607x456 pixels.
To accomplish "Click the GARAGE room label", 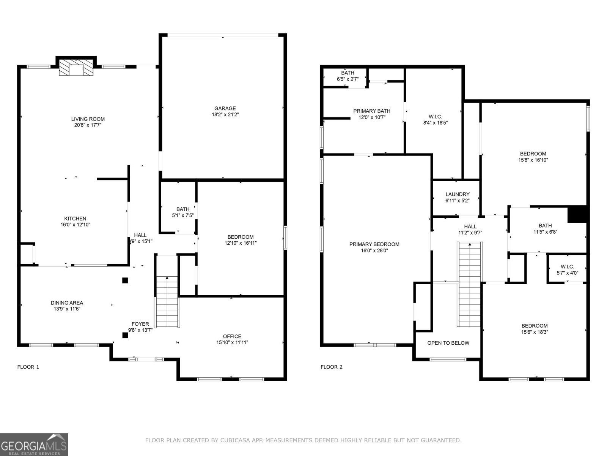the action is (225, 108).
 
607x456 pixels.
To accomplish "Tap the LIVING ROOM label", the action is (88, 119).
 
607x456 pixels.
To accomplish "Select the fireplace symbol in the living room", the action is (76, 67).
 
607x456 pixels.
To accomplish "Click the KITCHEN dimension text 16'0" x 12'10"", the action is (75, 225).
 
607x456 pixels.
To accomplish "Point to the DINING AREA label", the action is (67, 303).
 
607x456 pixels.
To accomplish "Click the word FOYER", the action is (140, 324).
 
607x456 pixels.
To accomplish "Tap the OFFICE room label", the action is (232, 336).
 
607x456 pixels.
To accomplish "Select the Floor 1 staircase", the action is (167, 301).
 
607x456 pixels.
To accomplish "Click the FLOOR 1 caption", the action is (28, 367).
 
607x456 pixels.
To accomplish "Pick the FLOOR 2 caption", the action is (332, 367).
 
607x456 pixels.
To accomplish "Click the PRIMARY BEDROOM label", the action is (374, 244).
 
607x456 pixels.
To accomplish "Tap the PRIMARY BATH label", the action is (372, 111).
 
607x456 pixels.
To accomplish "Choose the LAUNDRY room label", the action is (458, 194).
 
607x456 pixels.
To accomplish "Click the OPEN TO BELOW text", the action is (448, 343).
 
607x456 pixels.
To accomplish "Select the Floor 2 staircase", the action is (470, 284).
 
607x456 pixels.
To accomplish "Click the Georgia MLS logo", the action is (34, 444).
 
